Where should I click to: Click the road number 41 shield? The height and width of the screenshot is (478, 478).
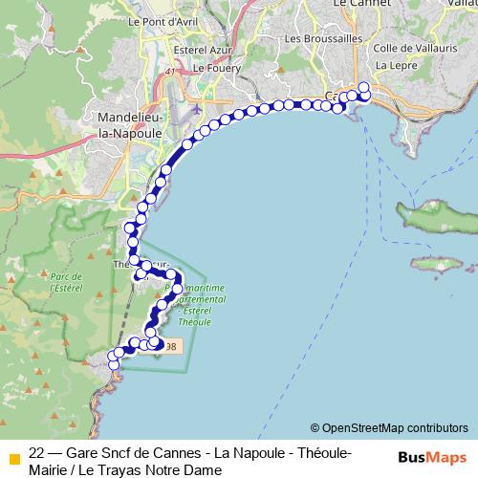pyautogui.click(x=170, y=72)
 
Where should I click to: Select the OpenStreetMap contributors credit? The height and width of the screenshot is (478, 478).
pyautogui.click(x=389, y=428)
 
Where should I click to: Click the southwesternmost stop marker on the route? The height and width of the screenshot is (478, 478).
pyautogui.click(x=113, y=363)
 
